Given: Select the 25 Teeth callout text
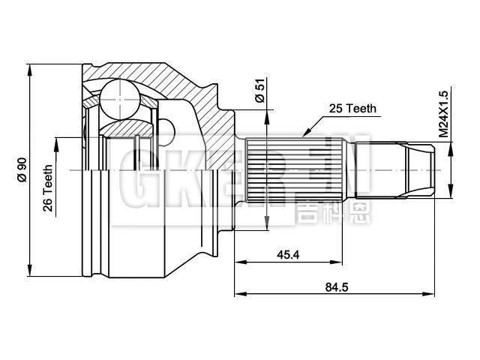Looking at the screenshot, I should pos(352,109).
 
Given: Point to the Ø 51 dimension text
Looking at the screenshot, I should pos(259,91).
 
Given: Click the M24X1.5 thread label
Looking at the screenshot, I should pos(443,113).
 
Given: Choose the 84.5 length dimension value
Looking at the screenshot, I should pos(334,286).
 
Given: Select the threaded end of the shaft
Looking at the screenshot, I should pos(420,172).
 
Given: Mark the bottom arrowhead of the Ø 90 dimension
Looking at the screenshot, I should pos(30,273).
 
